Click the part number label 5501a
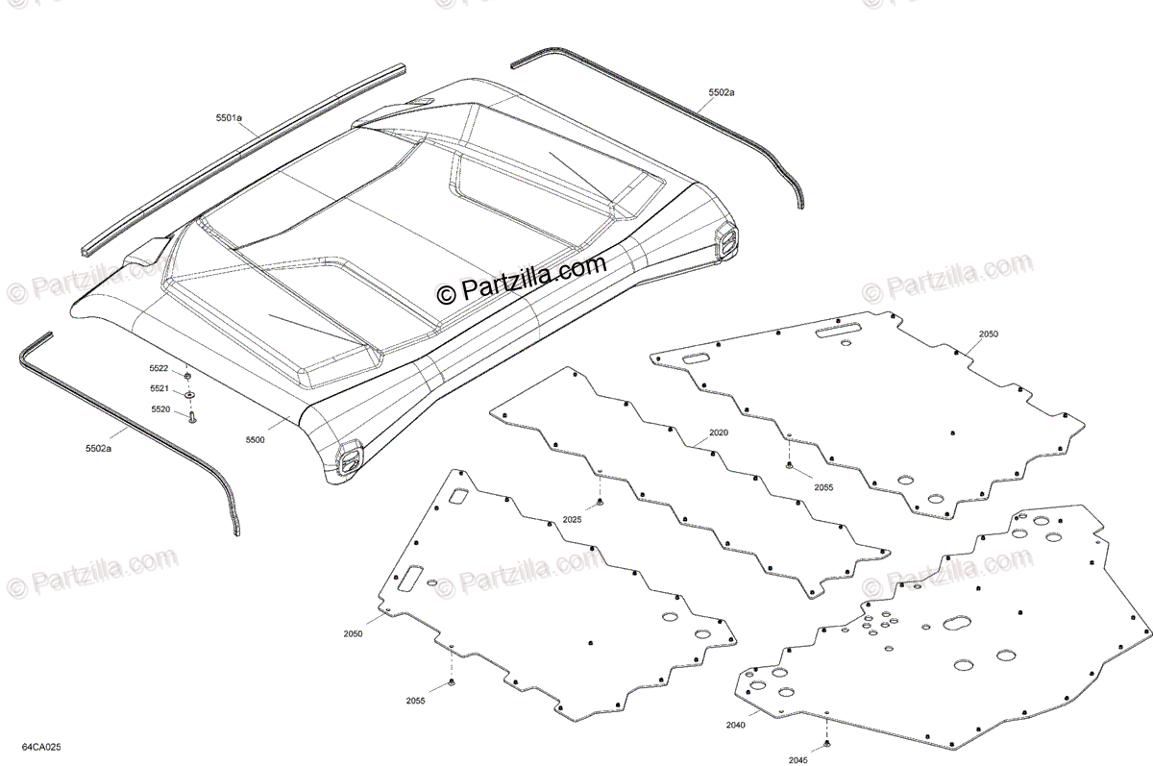(229, 117)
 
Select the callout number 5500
(255, 439)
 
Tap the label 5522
(159, 368)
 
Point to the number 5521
(159, 388)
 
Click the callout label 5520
(159, 409)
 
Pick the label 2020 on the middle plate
(719, 432)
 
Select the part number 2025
(573, 520)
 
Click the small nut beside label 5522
(188, 374)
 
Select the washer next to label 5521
(189, 393)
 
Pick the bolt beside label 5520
(191, 418)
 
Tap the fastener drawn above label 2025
(600, 502)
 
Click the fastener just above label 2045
(826, 744)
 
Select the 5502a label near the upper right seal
(722, 92)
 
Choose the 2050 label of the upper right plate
(989, 334)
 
